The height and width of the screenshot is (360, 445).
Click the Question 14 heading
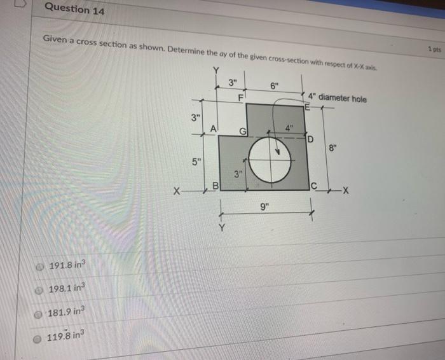(76, 10)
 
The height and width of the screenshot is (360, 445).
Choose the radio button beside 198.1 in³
(40, 289)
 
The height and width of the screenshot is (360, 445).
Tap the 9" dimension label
(264, 205)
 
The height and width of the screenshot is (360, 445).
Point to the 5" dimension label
(198, 159)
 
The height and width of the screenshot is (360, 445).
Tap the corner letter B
(215, 186)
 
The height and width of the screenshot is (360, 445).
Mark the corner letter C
(313, 186)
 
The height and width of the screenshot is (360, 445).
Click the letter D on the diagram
(311, 139)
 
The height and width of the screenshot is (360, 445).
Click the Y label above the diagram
(217, 69)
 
